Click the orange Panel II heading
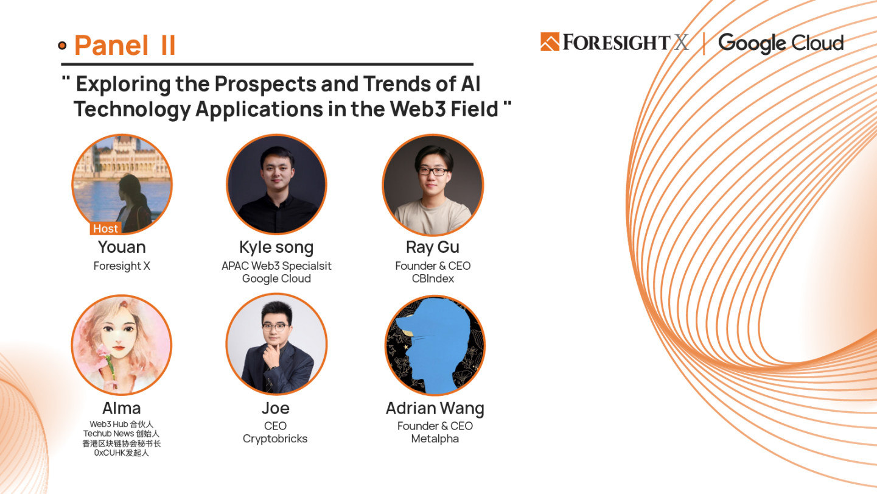click(x=125, y=46)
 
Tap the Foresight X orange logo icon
click(x=550, y=42)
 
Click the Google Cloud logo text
click(x=781, y=43)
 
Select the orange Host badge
click(x=105, y=228)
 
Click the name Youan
click(x=122, y=247)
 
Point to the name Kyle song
click(x=276, y=247)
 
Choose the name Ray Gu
click(x=433, y=247)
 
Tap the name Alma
click(x=121, y=408)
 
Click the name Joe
click(x=276, y=408)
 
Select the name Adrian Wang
click(x=435, y=409)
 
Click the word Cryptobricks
click(x=275, y=439)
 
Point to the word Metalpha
click(x=435, y=439)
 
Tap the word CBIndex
click(x=433, y=278)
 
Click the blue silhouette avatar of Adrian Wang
click(x=435, y=345)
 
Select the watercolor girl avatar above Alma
click(x=121, y=345)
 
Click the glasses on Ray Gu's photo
click(x=433, y=172)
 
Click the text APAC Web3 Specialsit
click(x=276, y=266)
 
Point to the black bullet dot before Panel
click(x=62, y=46)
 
